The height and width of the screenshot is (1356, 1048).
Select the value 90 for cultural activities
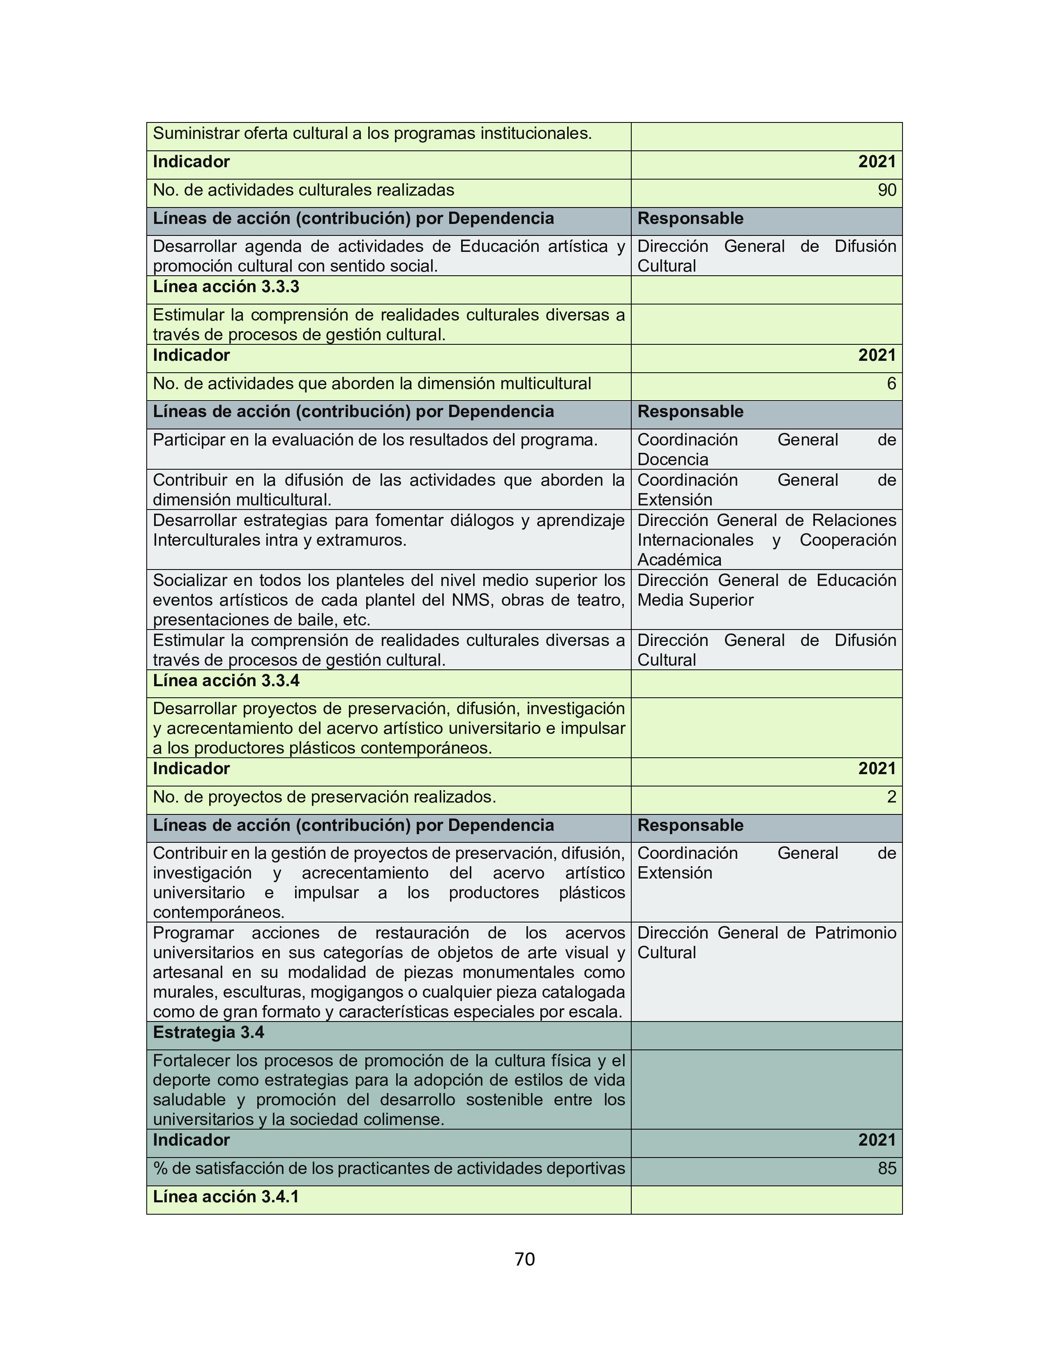coord(886,190)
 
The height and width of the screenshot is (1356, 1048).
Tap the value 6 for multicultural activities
coord(891,384)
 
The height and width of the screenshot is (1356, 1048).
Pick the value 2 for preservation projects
coord(891,797)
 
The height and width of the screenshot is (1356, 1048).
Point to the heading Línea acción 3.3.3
coord(226,287)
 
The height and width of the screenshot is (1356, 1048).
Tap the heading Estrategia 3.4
coord(209,1032)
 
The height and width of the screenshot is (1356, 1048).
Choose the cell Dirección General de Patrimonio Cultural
coord(766,943)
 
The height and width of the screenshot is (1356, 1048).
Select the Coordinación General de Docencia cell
coord(766,450)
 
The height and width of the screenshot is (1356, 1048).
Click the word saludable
coord(189,1100)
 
